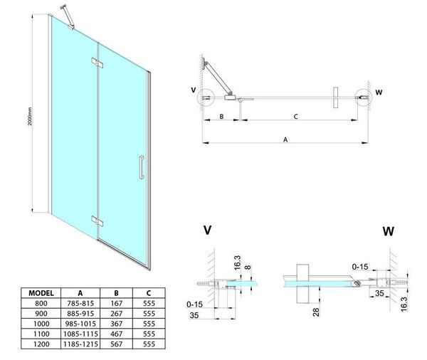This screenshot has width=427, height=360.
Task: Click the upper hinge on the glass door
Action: [96, 64]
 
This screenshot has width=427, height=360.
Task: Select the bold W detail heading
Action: [389, 231]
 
